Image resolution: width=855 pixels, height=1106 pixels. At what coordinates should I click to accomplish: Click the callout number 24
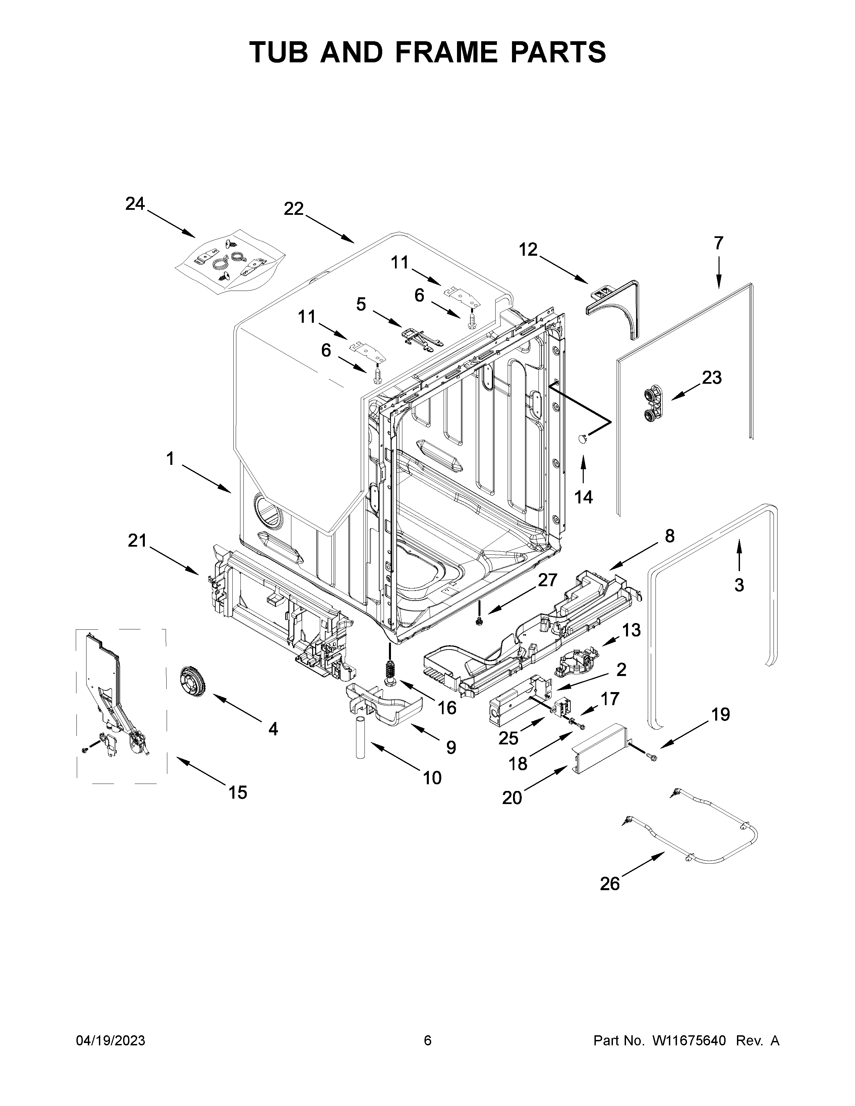click(135, 204)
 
